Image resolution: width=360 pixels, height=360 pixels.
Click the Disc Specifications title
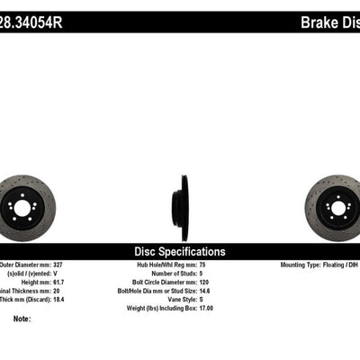[180, 251]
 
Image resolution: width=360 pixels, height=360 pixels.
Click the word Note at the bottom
[22, 319]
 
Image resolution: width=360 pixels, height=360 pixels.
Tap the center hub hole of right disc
[339, 208]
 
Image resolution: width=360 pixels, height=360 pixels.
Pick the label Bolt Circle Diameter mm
[165, 283]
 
